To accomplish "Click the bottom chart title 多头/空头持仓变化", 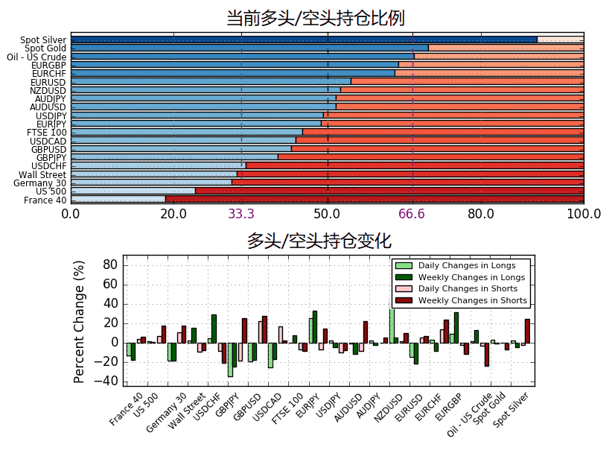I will pyautogui.click(x=319, y=241).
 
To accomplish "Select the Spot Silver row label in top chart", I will pyautogui.click(x=43, y=40).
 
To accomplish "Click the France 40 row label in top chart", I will pyautogui.click(x=45, y=200).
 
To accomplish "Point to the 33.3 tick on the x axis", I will pyautogui.click(x=240, y=215).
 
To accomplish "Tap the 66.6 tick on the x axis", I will pyautogui.click(x=412, y=215).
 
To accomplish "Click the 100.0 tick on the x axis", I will pyautogui.click(x=583, y=215).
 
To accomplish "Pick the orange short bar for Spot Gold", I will pyautogui.click(x=506, y=48).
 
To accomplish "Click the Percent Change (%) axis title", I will pyautogui.click(x=79, y=322).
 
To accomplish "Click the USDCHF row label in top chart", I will pyautogui.click(x=49, y=165).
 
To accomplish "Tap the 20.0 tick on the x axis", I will pyautogui.click(x=173, y=215).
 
